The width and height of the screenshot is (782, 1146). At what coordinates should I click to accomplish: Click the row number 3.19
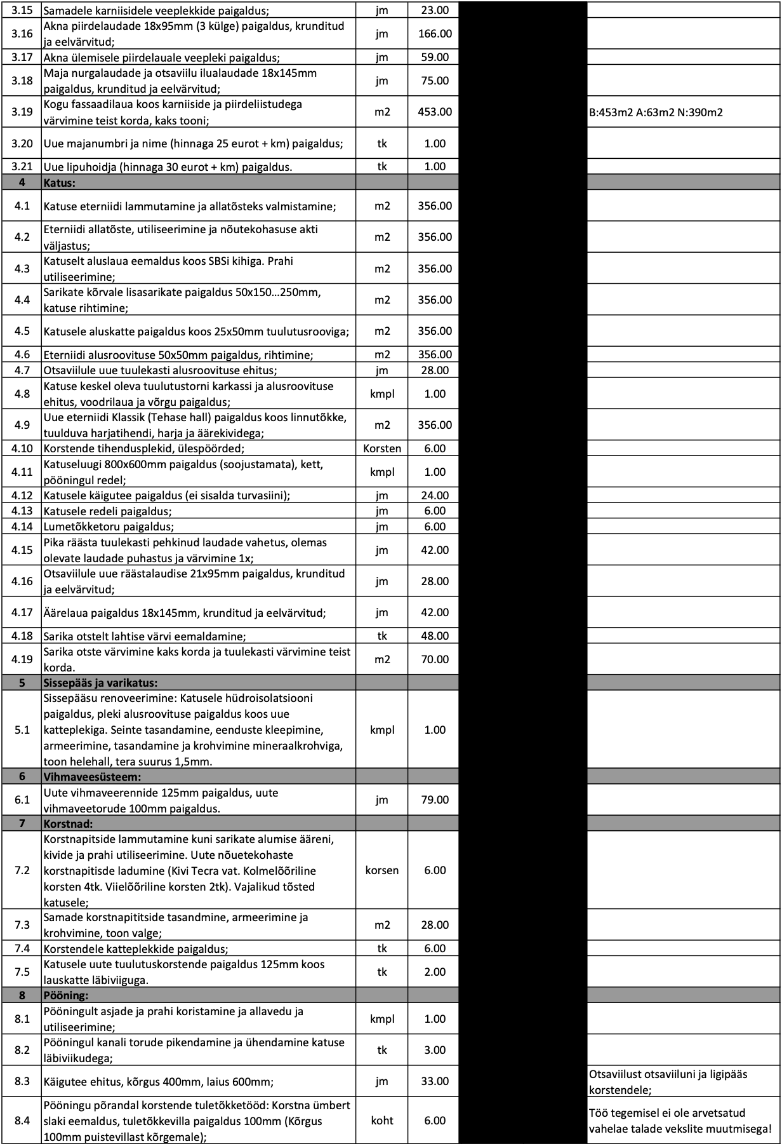click(x=22, y=112)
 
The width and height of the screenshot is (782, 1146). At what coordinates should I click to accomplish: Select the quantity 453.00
click(x=435, y=112)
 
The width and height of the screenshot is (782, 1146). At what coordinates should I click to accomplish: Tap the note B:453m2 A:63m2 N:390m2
click(x=656, y=113)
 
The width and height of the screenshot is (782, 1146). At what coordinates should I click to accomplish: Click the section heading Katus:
click(x=59, y=183)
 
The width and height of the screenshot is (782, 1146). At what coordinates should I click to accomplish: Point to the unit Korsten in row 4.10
click(x=382, y=448)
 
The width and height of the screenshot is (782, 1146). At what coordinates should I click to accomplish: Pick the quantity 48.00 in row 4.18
click(x=435, y=636)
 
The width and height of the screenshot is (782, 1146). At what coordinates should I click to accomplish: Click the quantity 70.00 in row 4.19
click(x=435, y=659)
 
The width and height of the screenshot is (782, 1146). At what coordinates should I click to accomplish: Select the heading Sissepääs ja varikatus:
click(x=100, y=683)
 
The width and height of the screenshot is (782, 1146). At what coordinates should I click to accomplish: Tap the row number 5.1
click(x=22, y=730)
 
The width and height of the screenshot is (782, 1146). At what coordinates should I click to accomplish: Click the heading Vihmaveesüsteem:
click(x=92, y=776)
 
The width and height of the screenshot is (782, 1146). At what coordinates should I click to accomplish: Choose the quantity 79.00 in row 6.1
click(x=435, y=800)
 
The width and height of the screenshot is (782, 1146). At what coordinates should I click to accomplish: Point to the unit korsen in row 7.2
click(x=382, y=870)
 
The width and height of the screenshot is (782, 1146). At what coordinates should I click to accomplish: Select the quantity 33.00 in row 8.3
click(x=435, y=1081)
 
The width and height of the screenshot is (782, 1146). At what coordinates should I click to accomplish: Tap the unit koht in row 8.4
click(x=382, y=1121)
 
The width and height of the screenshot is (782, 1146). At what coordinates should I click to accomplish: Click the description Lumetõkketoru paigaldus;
click(x=109, y=527)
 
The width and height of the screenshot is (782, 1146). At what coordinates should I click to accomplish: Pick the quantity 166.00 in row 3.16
click(x=435, y=34)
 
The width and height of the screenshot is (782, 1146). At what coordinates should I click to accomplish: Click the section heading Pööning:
click(x=66, y=995)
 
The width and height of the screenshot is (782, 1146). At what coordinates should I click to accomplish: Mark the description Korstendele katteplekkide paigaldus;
click(x=135, y=949)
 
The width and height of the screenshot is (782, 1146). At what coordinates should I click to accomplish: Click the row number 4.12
click(x=22, y=495)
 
